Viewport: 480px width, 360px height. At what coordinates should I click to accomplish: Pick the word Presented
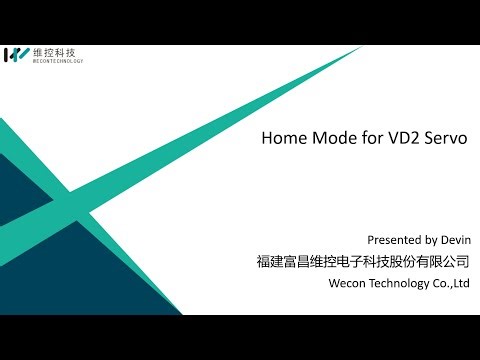[x=396, y=240]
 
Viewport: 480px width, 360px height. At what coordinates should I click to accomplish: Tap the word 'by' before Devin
[x=428, y=240]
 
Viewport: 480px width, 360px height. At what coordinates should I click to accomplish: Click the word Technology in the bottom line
[x=401, y=283]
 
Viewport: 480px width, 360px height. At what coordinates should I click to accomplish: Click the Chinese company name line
[x=363, y=262]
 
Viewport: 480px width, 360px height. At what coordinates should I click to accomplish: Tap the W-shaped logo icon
[x=17, y=55]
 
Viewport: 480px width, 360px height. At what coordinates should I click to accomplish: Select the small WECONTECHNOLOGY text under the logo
[x=58, y=61]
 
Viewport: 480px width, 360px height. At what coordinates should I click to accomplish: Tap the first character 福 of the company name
[x=263, y=262]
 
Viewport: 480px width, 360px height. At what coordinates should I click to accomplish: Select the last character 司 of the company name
[x=462, y=262]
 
